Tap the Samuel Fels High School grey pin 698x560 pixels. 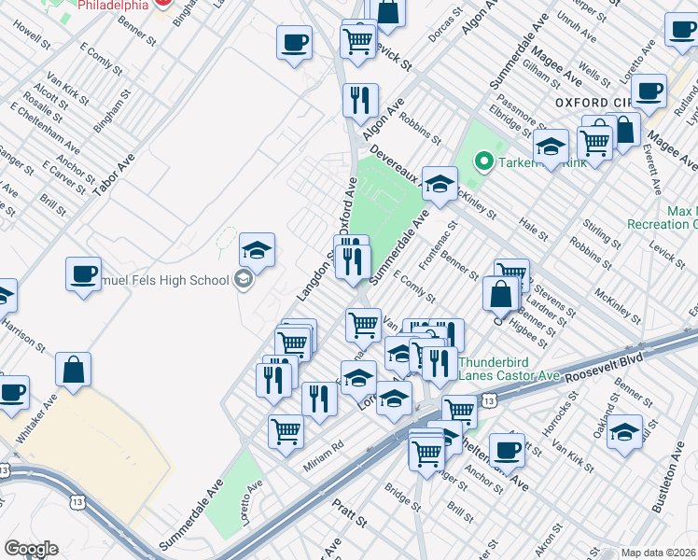(244, 279)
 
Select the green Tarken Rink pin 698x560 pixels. (482, 161)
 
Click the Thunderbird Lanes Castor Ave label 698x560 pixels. (509, 368)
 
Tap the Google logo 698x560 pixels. (31, 549)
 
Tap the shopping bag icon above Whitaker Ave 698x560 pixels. (73, 369)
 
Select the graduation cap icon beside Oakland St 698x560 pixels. (625, 430)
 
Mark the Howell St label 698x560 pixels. (31, 36)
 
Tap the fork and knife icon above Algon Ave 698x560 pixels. (359, 99)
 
